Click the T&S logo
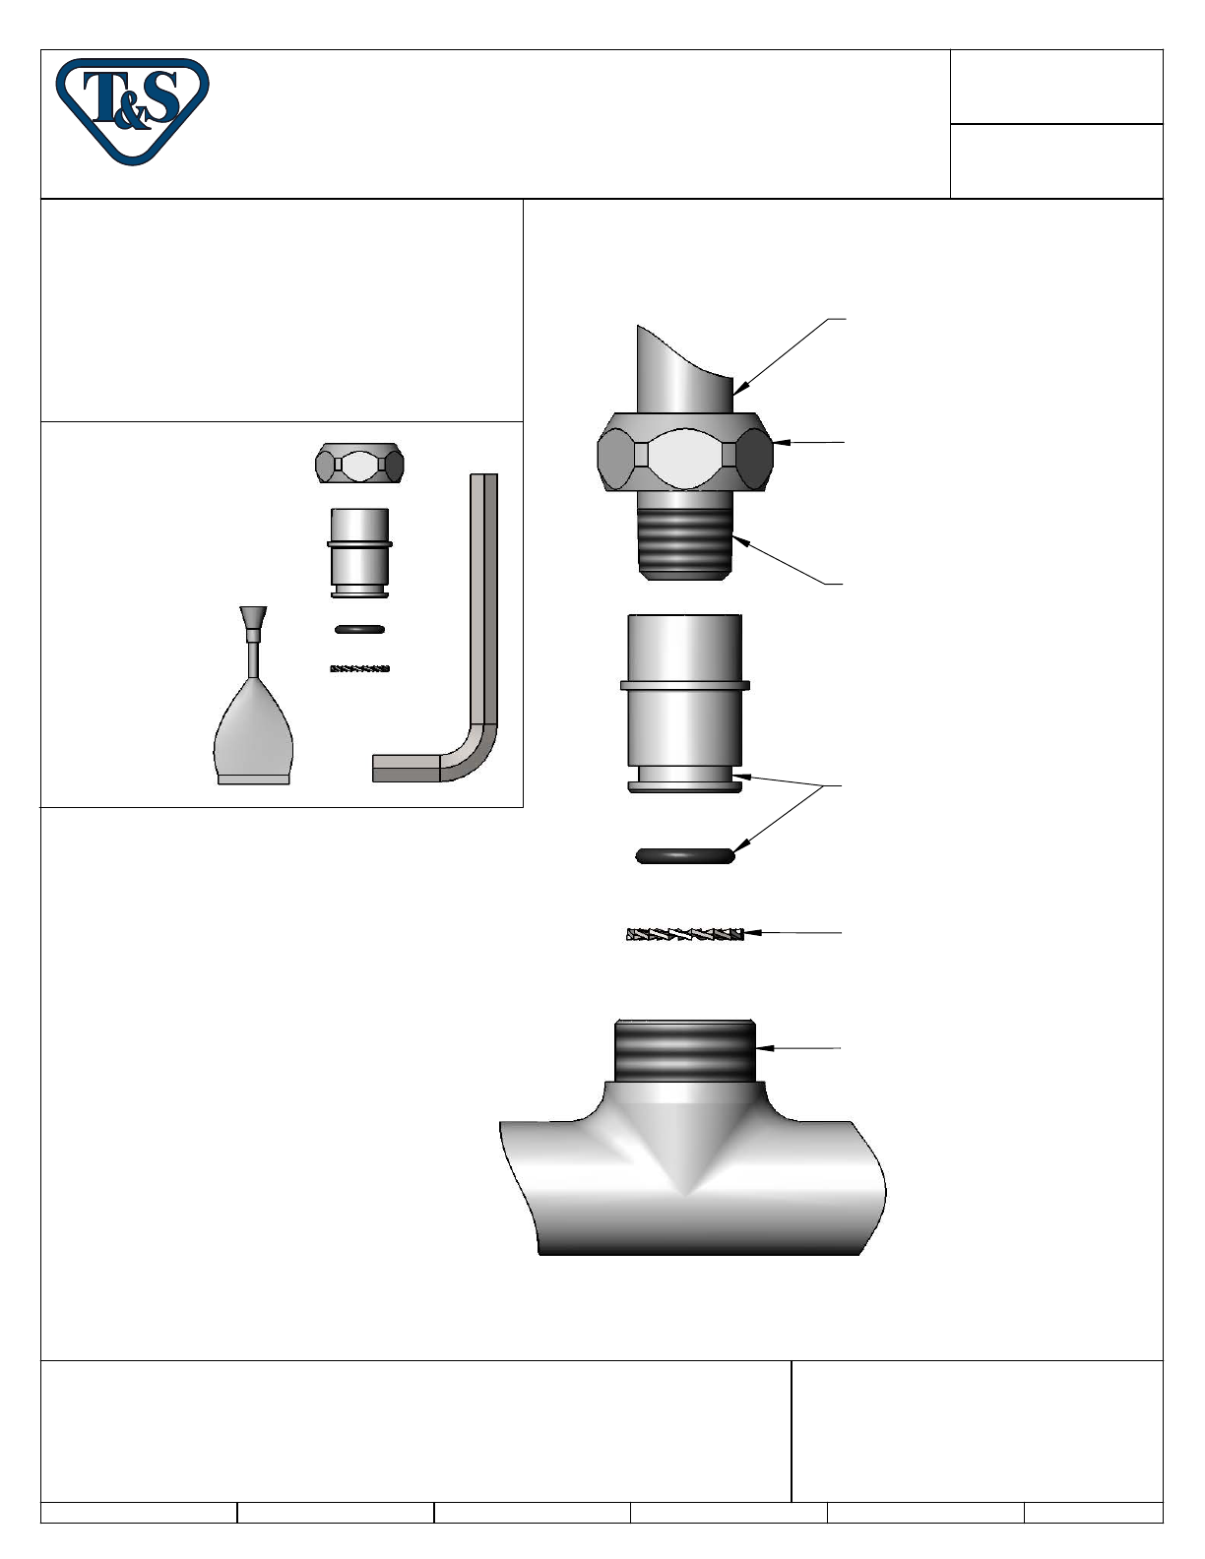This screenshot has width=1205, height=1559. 133,111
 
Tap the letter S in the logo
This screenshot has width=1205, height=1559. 160,96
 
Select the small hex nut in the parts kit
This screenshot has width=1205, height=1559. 359,465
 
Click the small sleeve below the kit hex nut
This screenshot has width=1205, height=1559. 359,553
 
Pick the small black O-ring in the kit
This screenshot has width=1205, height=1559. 359,629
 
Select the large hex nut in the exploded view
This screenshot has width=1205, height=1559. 685,452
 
